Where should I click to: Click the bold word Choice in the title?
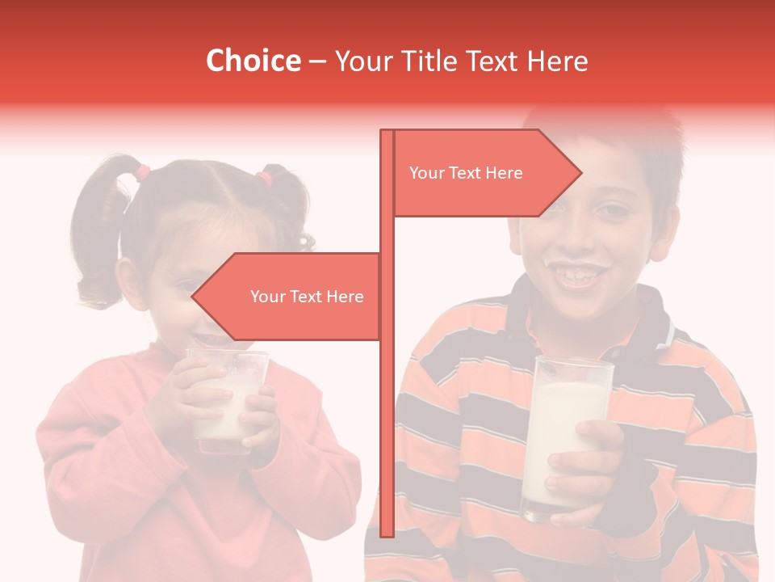(x=253, y=61)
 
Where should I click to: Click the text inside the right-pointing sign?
(x=466, y=173)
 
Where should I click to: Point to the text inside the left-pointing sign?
(x=307, y=297)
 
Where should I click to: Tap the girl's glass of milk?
(x=226, y=400)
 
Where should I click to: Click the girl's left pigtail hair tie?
(x=143, y=171)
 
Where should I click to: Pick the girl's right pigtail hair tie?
(x=264, y=177)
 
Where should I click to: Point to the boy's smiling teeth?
(x=584, y=277)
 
